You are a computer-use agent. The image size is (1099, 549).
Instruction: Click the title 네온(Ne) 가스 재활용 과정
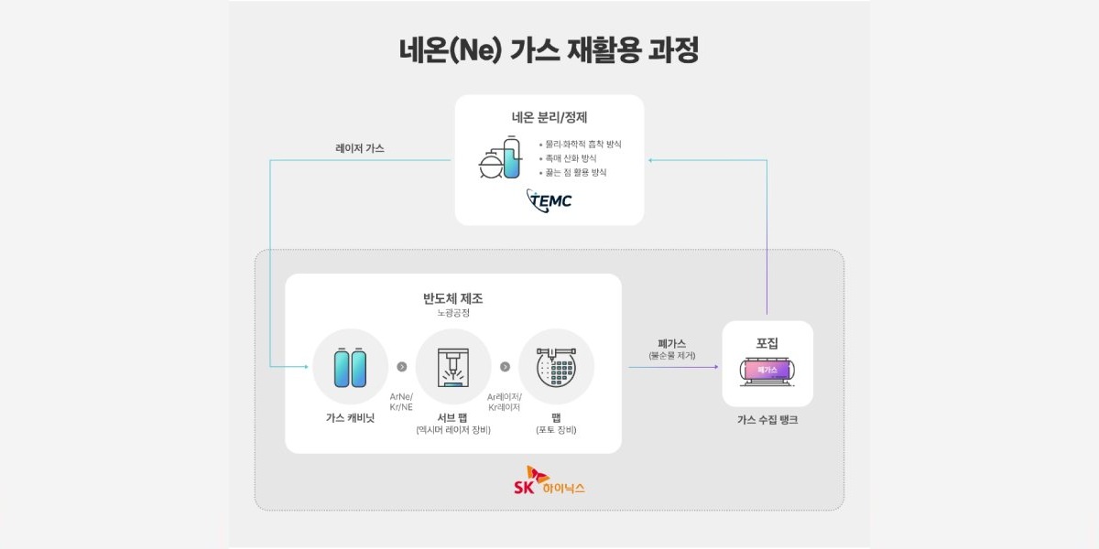click(549, 50)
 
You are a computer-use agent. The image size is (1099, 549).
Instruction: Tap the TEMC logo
click(549, 199)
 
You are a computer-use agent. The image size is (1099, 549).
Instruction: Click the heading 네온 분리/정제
click(549, 117)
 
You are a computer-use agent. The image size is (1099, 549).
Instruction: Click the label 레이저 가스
click(360, 147)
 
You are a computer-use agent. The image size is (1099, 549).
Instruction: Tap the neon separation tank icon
click(499, 159)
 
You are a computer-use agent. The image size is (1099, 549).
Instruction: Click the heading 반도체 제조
click(452, 298)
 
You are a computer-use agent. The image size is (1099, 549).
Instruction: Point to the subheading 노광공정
click(452, 314)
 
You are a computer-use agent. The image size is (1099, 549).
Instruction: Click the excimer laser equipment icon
click(452, 366)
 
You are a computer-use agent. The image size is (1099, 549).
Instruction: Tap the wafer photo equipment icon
click(556, 367)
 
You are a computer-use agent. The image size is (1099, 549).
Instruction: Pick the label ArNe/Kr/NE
click(401, 401)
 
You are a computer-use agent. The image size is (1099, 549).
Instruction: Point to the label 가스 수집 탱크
click(767, 420)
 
